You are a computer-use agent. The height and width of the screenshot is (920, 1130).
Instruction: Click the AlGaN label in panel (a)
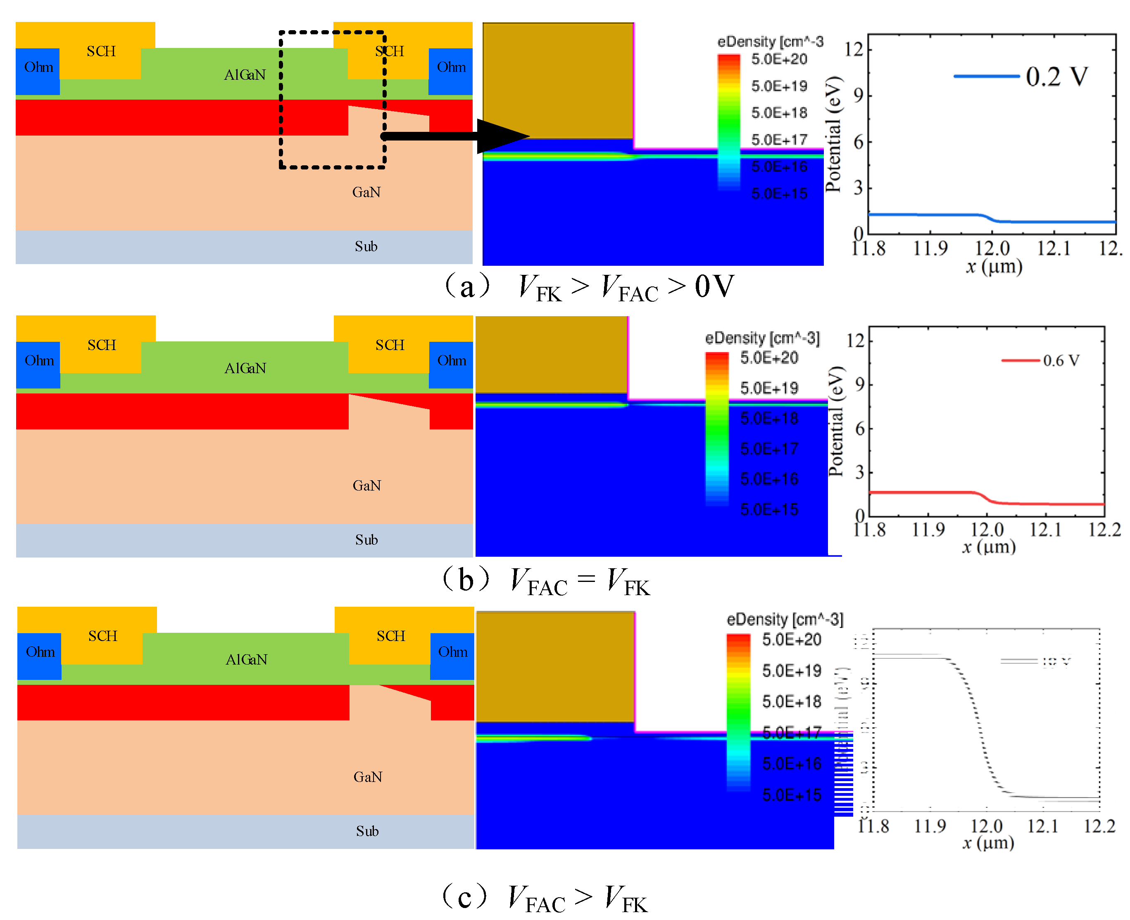coord(244,75)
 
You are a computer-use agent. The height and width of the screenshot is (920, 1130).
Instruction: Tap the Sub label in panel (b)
coord(366,539)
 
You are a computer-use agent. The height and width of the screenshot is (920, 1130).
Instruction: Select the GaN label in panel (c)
coord(367,777)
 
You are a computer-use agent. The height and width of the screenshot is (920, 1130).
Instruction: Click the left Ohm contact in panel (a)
coord(38,67)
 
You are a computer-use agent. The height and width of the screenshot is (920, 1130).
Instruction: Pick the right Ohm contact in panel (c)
coord(452,652)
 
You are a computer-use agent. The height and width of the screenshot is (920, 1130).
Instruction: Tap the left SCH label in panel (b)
coord(101,345)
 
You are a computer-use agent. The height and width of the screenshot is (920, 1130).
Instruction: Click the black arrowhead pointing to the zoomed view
coord(501,136)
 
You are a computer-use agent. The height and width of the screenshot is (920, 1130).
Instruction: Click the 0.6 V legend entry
coord(1061,360)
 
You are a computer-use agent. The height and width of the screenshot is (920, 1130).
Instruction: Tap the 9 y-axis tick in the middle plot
coord(860,384)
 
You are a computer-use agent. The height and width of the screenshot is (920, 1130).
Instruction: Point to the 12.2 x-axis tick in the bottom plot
coord(1099,826)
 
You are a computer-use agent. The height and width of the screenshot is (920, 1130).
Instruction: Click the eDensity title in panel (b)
coord(762,338)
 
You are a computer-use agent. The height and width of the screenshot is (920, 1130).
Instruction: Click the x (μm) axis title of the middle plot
coord(989,546)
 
